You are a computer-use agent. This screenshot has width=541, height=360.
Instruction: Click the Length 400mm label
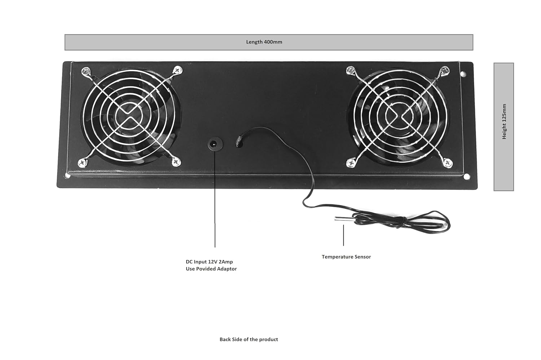click(x=264, y=42)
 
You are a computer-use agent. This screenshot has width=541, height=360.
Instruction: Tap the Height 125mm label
click(x=504, y=122)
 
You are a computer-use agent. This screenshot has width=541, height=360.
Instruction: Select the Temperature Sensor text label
click(x=346, y=257)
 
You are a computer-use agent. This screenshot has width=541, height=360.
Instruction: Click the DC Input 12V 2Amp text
click(x=209, y=262)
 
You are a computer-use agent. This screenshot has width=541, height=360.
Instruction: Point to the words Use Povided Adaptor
click(x=211, y=269)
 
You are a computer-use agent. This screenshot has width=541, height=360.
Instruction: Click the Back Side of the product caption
click(x=249, y=339)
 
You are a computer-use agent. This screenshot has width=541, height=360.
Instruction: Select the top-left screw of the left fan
click(x=86, y=71)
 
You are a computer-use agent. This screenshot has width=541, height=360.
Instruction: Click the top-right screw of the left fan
click(x=177, y=70)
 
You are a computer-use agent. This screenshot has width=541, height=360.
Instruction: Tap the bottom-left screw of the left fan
click(x=82, y=163)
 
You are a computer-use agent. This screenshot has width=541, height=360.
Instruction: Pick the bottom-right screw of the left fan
click(x=176, y=162)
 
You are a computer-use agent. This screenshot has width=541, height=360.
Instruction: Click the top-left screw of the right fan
click(x=350, y=71)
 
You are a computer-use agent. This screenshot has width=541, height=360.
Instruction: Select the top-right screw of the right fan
click(x=445, y=70)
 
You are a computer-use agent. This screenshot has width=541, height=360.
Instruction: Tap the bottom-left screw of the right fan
click(x=350, y=163)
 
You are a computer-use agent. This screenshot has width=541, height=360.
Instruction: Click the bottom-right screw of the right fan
click(x=448, y=163)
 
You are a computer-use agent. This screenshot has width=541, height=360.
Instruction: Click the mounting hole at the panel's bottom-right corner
click(x=467, y=177)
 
